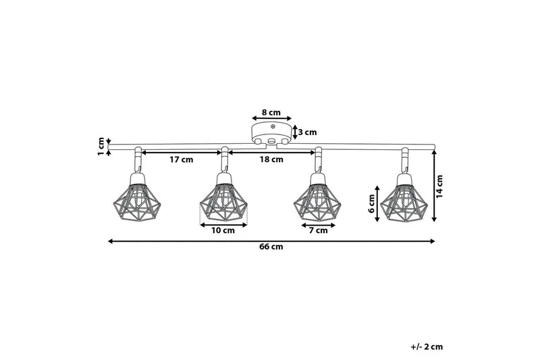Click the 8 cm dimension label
[x=271, y=112]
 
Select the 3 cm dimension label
[x=308, y=132]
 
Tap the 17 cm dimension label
[x=180, y=160]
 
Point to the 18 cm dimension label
[x=271, y=160]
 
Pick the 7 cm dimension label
[x=317, y=231]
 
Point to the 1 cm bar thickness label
[x=101, y=143]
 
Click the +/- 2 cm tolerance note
[x=427, y=346]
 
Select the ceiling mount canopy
[x=271, y=132]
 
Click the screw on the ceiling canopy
[x=271, y=126]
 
